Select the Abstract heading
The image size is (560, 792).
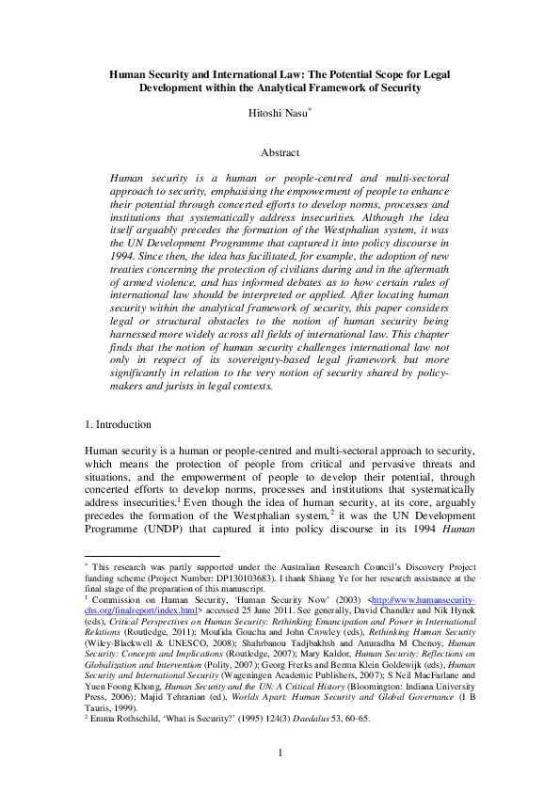(x=280, y=152)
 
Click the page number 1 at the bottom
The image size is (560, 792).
(x=280, y=752)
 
